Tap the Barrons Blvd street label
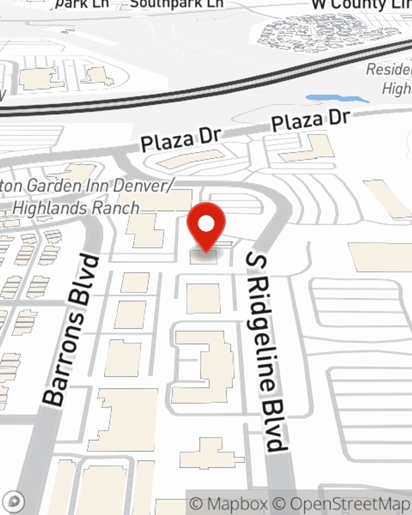[x=72, y=330]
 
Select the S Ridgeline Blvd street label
[x=266, y=352]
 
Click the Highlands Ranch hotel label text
[x=76, y=208]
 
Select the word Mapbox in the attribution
[x=237, y=504]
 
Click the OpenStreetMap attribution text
[x=350, y=504]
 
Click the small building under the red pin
[x=204, y=257]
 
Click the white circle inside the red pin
[x=206, y=224]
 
